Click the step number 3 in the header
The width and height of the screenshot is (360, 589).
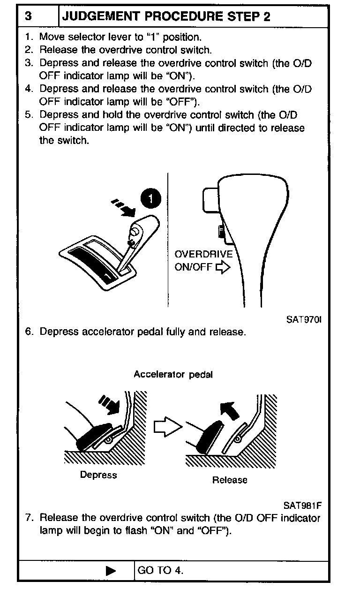coord(29,17)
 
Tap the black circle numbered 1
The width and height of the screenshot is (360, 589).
coord(151,199)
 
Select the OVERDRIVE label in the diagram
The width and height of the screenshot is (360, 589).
coord(203,255)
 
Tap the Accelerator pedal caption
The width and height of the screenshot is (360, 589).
coord(173,374)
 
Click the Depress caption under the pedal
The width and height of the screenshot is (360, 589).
coord(98,475)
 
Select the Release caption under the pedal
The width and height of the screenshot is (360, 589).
coord(229,480)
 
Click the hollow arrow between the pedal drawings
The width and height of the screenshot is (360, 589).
coord(167,427)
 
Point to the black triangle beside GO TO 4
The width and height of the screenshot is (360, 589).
coord(111,571)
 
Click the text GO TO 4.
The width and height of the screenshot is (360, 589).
coord(160,571)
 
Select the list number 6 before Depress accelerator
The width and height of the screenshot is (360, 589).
coord(29,332)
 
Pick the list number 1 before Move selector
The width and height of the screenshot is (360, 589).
coord(29,37)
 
